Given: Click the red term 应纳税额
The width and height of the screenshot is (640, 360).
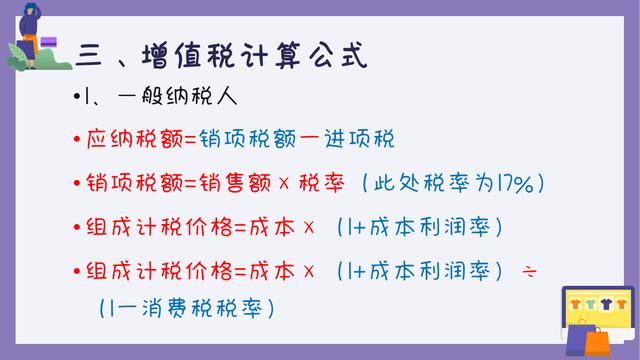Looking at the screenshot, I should pyautogui.click(x=134, y=141).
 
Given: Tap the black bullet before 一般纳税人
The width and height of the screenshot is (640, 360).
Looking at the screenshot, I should pyautogui.click(x=76, y=99).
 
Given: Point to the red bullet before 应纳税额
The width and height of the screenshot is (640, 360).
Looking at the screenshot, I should pyautogui.click(x=76, y=141).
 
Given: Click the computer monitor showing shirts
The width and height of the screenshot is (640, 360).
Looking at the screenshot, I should pyautogui.click(x=598, y=302).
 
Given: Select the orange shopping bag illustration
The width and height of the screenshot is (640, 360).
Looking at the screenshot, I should pyautogui.click(x=596, y=342).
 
